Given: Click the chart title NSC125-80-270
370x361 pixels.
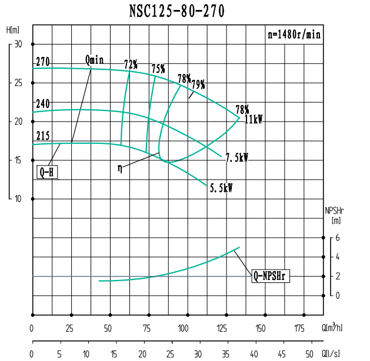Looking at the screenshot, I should tap(176, 12).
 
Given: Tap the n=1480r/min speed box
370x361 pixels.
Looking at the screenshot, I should tap(294, 35).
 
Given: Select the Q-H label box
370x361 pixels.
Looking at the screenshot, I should tap(48, 173).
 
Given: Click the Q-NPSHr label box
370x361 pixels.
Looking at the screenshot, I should tap(271, 275).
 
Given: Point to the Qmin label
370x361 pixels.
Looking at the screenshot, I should tap(94, 60).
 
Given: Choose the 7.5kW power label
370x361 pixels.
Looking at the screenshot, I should tap(236, 158).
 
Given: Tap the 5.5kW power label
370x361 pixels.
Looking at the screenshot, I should tap(221, 188).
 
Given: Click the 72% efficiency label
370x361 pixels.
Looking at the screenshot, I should tap(131, 63).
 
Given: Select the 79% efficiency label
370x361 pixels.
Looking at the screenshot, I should tap(198, 85).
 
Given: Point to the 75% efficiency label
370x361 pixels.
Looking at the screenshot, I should tap(158, 69).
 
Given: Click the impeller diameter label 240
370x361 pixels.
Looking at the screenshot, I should tap(42, 104).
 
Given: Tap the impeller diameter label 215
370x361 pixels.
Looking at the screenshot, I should tap(42, 135).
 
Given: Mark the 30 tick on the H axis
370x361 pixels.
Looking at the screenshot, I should tap(18, 44).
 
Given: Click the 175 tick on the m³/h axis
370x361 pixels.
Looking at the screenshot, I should tap(299, 328).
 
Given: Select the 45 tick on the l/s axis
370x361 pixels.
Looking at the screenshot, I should tap(282, 354).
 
